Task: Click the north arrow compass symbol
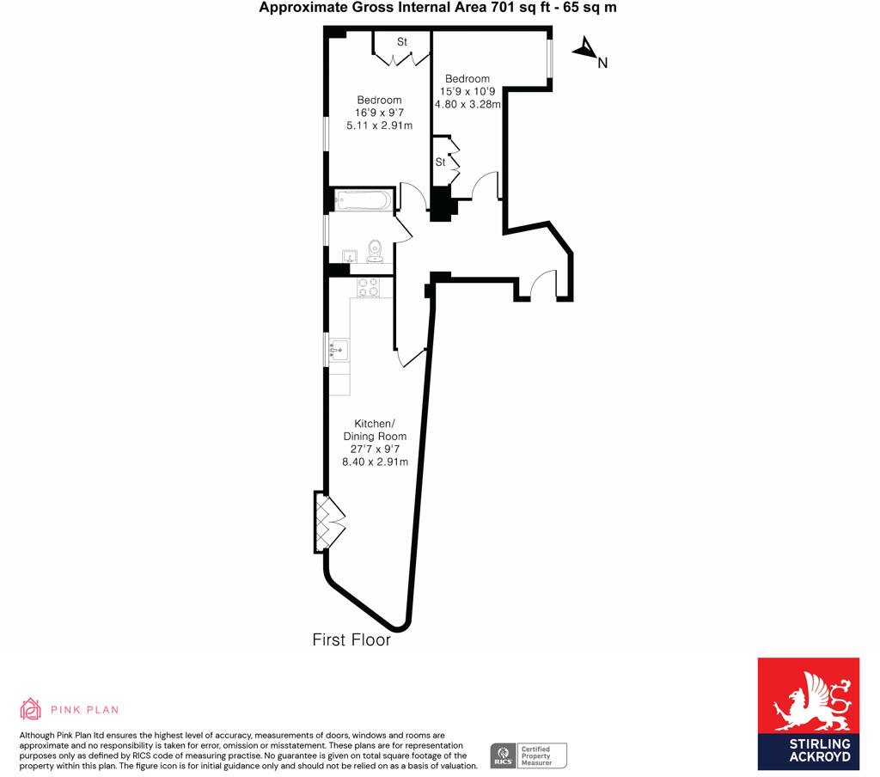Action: (x=585, y=50)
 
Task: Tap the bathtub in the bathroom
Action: (x=363, y=202)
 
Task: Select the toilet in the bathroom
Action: (x=375, y=250)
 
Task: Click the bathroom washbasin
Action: (x=350, y=256)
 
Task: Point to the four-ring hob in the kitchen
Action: (x=369, y=287)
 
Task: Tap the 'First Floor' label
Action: (x=351, y=640)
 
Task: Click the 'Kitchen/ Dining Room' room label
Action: (x=375, y=430)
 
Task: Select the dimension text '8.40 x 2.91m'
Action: (x=375, y=462)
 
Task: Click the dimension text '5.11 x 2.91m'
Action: (x=379, y=125)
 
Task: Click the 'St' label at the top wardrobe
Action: (x=401, y=42)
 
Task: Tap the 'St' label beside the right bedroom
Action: (x=440, y=162)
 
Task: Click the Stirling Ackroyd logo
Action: (x=808, y=713)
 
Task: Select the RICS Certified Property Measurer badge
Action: (x=529, y=756)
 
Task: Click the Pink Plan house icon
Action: (x=31, y=708)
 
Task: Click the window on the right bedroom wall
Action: (x=550, y=58)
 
